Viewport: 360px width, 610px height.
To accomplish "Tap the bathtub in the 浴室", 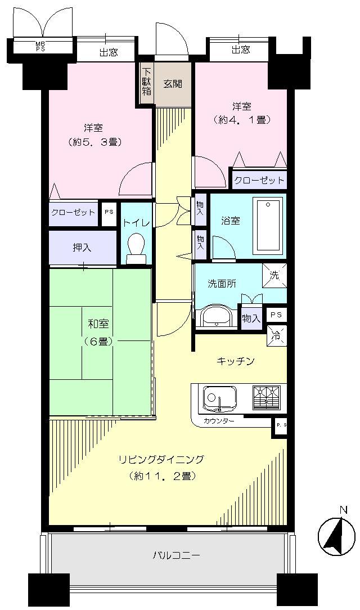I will coord(268,225).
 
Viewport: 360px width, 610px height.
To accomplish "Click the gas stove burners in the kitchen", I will coord(266,398).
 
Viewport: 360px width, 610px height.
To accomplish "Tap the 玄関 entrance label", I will coord(173,84).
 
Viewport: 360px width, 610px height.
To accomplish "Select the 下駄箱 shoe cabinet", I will coord(146,82).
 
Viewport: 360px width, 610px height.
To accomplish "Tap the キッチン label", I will coord(236,361).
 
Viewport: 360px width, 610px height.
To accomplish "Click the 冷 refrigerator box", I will coord(276,336).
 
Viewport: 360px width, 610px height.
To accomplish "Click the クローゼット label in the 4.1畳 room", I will coord(259,180).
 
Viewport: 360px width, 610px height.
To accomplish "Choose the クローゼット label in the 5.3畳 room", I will coord(73,213).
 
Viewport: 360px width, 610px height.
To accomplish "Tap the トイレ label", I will coord(136,222).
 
